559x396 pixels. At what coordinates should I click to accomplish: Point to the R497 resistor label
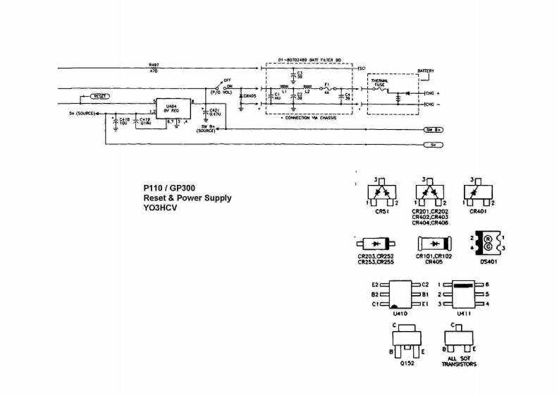click(154, 64)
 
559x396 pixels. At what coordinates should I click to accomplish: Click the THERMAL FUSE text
click(379, 83)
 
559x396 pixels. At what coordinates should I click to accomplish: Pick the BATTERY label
click(426, 71)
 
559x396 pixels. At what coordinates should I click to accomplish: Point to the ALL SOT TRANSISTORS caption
click(459, 361)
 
